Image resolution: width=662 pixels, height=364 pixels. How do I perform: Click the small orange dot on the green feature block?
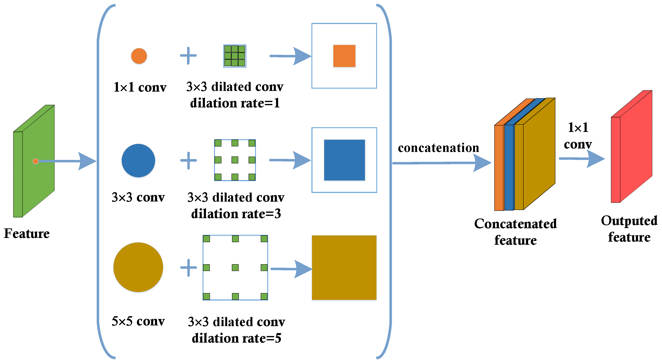click(35, 161)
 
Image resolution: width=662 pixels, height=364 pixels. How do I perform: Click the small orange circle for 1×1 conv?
click(139, 56)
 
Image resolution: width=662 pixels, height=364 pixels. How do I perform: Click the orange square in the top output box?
click(344, 56)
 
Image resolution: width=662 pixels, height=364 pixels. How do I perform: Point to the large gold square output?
click(344, 267)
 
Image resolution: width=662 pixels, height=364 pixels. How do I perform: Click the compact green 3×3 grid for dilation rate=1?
click(235, 56)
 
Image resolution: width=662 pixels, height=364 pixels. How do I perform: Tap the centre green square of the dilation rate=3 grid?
click(235, 160)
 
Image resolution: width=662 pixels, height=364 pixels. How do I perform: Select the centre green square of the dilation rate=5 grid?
click(235, 267)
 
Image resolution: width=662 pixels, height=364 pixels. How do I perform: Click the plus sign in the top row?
click(188, 55)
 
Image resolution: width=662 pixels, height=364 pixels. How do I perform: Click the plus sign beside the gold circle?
click(188, 267)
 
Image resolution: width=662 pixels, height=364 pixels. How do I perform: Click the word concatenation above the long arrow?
click(438, 148)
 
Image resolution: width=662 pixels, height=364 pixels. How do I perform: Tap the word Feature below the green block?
click(27, 233)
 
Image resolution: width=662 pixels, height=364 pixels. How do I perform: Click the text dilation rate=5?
click(236, 338)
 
